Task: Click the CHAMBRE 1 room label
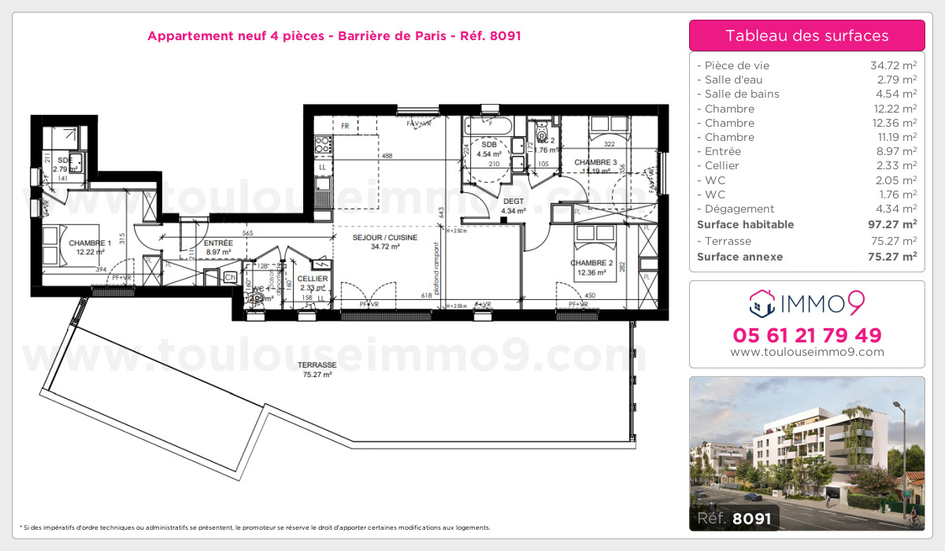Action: (x=90, y=243)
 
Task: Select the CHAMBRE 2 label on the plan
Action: (x=592, y=263)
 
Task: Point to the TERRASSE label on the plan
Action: (x=317, y=365)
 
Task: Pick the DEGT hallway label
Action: (x=513, y=201)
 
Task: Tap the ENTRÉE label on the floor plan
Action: (x=217, y=243)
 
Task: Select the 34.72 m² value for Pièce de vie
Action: (x=892, y=66)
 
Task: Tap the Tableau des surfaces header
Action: (x=806, y=35)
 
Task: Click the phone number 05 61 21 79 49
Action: (x=806, y=335)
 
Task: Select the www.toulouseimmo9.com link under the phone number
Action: (x=806, y=353)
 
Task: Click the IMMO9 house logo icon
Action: (x=761, y=301)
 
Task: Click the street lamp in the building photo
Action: (x=898, y=407)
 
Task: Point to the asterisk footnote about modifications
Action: (x=255, y=527)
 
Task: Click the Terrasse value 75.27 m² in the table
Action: (x=892, y=242)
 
